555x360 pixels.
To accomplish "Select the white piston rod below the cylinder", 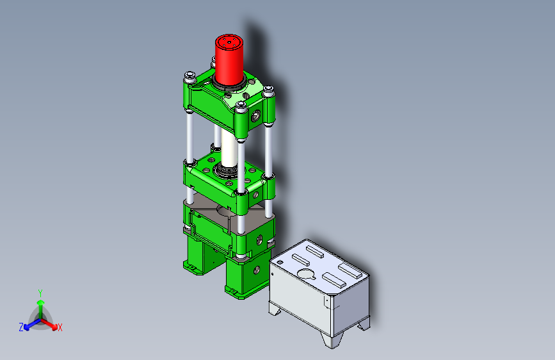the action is pos(229,148).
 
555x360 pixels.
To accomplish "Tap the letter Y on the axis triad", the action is pos(40,293).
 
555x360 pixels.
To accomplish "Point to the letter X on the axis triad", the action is pos(60,327).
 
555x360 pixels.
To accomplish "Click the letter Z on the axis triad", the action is pos(21,327).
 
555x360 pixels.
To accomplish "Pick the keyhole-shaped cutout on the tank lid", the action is pos(307,274).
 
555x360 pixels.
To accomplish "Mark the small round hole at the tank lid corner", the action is pos(280,263).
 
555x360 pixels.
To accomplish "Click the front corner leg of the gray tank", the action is pos(332,340).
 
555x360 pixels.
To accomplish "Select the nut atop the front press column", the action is pos(241,105).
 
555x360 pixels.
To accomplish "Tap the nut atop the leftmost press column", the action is pos(190,76).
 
